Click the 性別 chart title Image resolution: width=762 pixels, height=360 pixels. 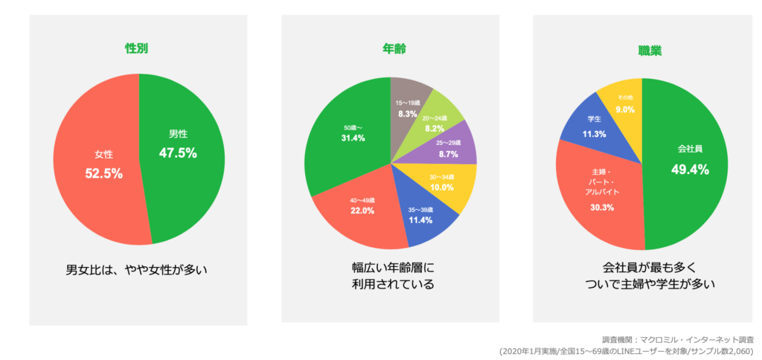[138, 50]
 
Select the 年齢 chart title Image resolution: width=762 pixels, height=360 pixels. [391, 50]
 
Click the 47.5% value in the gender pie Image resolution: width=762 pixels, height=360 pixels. [178, 152]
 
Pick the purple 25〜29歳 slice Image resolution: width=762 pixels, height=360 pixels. [449, 149]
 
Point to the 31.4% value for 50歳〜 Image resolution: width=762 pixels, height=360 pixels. [353, 138]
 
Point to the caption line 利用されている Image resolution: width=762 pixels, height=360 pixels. [391, 284]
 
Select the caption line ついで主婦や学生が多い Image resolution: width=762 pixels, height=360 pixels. [641, 283]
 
